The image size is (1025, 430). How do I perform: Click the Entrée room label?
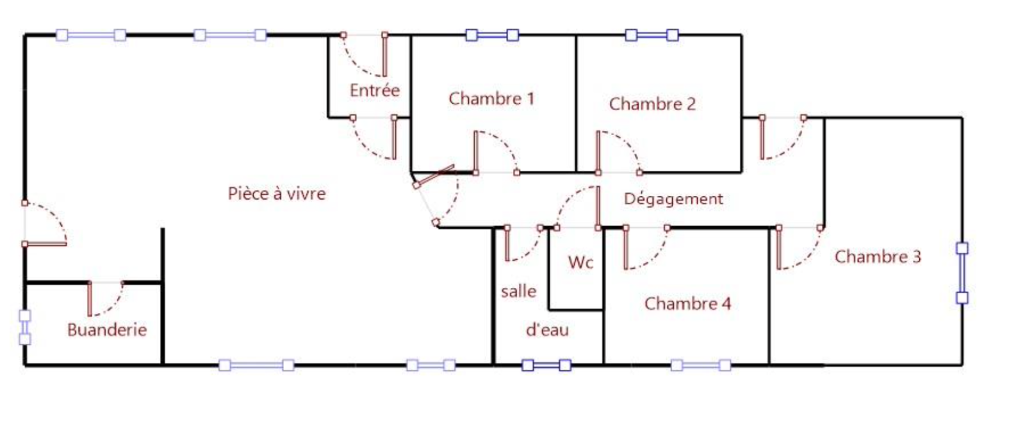point(375,90)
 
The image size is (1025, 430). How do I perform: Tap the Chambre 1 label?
point(491,99)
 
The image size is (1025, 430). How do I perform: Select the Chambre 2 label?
point(652,104)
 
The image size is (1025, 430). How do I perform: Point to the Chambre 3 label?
point(878,257)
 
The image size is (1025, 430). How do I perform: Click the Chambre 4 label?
point(687,303)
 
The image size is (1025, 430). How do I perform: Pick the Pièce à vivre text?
point(277,193)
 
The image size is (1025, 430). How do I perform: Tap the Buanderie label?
point(107,330)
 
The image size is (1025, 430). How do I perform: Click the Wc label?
point(580,262)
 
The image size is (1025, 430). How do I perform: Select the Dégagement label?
point(673,199)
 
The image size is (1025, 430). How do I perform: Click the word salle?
point(518,291)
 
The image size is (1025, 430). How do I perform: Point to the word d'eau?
point(547,330)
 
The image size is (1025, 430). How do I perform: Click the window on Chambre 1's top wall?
point(492,35)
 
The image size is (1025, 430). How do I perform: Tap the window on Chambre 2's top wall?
point(652,35)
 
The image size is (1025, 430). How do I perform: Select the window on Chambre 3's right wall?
point(962,273)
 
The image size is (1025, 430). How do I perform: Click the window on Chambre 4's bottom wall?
point(701,365)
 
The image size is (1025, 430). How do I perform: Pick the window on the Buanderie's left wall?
point(24,327)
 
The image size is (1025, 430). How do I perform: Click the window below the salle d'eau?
point(546,365)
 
